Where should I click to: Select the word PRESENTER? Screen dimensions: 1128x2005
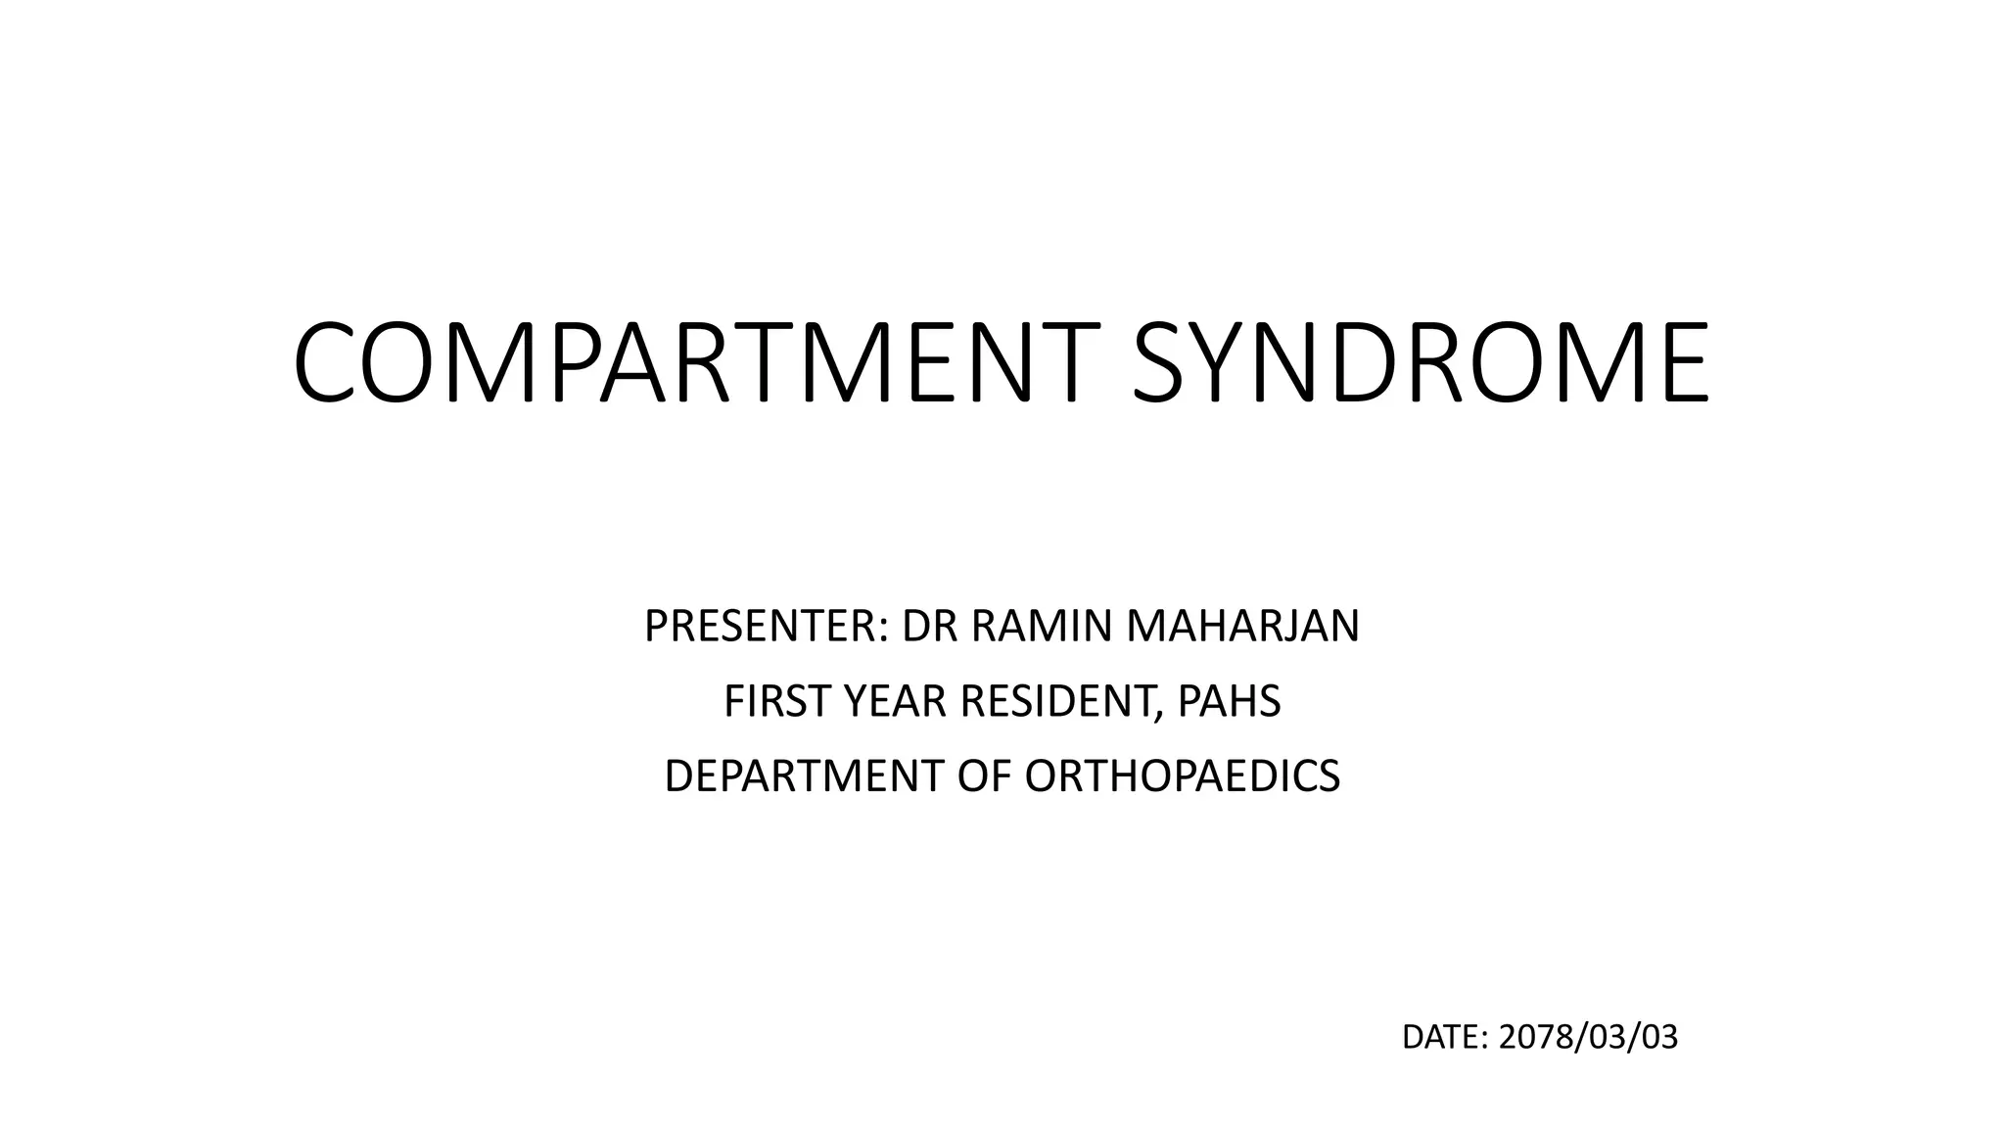tap(766, 627)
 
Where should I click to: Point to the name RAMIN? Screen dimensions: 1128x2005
tap(1042, 627)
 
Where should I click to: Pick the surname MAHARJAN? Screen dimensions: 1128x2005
tap(1242, 627)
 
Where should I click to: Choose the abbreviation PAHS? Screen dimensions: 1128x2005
tap(1229, 701)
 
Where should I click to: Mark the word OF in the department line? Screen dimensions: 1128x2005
tap(984, 776)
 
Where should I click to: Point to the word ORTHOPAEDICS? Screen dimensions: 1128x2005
tap(1182, 776)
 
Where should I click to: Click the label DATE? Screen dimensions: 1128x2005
tap(1445, 1038)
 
